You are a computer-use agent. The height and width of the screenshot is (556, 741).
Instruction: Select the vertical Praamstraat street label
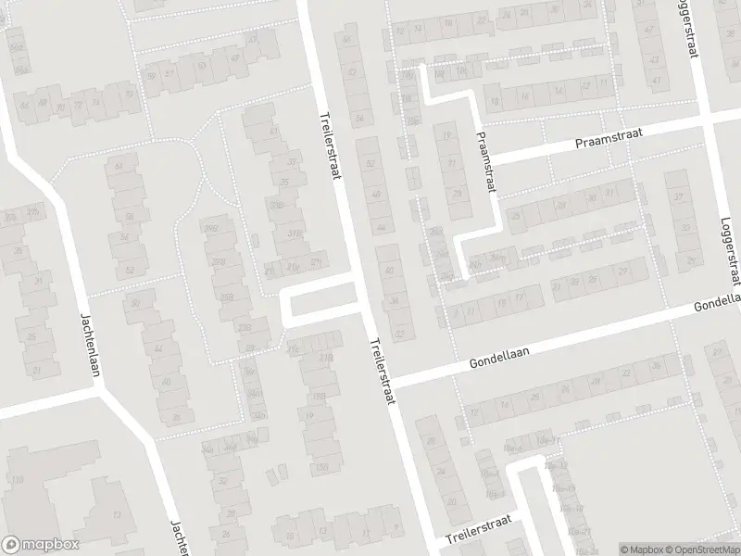pos(485,161)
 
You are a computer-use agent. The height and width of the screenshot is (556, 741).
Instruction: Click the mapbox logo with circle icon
pos(40,545)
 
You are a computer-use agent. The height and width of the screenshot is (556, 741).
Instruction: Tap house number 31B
pos(296,233)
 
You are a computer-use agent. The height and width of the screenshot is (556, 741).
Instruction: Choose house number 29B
pos(212,229)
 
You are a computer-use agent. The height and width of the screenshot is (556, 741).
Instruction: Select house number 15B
pos(321,465)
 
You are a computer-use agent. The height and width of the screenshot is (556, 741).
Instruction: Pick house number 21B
pos(325,357)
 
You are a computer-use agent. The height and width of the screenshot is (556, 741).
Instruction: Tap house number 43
pos(253,39)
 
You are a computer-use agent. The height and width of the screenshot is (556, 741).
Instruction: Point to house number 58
pos(130,216)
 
